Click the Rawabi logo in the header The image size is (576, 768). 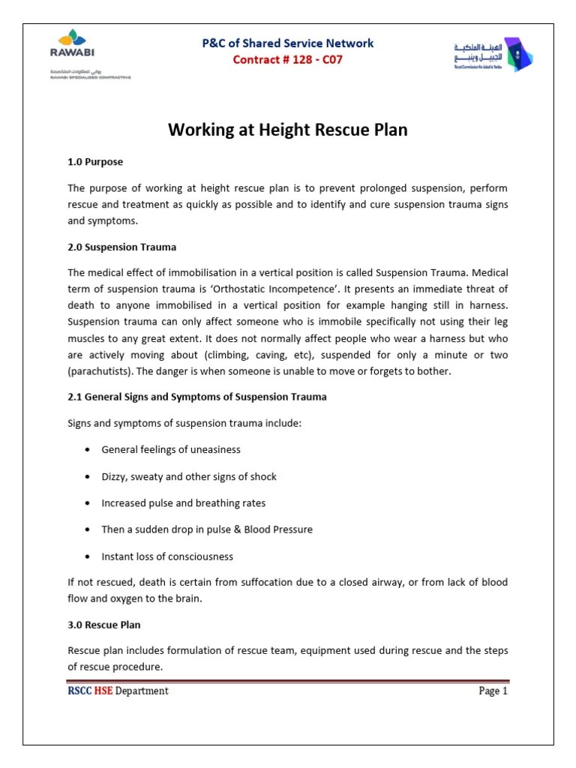(x=72, y=46)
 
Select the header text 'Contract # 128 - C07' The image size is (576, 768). (x=288, y=60)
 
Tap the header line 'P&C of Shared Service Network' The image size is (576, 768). (x=288, y=43)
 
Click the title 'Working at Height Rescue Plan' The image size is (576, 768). (x=288, y=130)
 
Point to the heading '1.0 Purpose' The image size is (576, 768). (x=95, y=162)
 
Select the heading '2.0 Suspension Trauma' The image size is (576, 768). (x=122, y=247)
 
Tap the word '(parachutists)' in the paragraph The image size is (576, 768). (x=98, y=370)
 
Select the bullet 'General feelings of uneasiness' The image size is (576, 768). (x=171, y=450)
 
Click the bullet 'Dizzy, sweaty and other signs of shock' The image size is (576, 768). (x=189, y=477)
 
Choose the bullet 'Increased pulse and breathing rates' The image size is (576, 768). (x=184, y=503)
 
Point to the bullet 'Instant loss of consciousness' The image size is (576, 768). (x=167, y=556)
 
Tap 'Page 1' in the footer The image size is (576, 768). (x=493, y=691)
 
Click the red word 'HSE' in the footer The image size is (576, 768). (x=102, y=691)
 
